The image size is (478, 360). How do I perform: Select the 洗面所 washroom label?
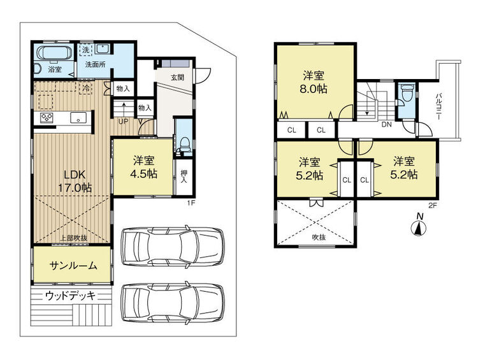pyautogui.click(x=96, y=65)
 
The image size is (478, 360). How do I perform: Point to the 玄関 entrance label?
pyautogui.click(x=177, y=78)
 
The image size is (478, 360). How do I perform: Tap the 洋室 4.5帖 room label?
pyautogui.click(x=145, y=167)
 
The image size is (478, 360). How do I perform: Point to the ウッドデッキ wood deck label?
pyautogui.click(x=70, y=296)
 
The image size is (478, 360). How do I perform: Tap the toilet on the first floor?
pyautogui.click(x=184, y=144)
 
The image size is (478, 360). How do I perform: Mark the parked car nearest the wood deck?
pyautogui.click(x=171, y=305)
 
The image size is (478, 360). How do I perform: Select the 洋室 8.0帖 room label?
pyautogui.click(x=315, y=82)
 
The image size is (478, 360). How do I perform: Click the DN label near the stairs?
pyautogui.click(x=386, y=125)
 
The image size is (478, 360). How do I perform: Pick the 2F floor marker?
pyautogui.click(x=433, y=205)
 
